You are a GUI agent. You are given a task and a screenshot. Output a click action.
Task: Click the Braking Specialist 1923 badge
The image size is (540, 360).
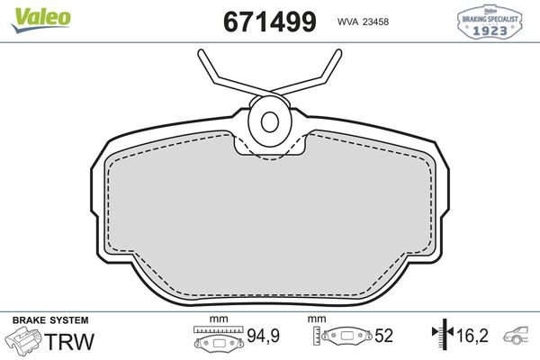[490, 22]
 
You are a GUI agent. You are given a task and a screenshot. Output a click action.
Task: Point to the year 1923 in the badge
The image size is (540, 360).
[490, 28]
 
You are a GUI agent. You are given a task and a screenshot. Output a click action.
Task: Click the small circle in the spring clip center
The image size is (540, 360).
[268, 121]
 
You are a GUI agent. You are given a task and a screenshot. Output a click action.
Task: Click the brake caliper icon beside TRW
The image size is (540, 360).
[24, 342]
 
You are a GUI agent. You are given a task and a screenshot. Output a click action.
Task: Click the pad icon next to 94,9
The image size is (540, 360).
[219, 340]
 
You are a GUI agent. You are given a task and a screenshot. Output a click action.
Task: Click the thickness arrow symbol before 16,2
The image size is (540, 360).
[440, 336]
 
